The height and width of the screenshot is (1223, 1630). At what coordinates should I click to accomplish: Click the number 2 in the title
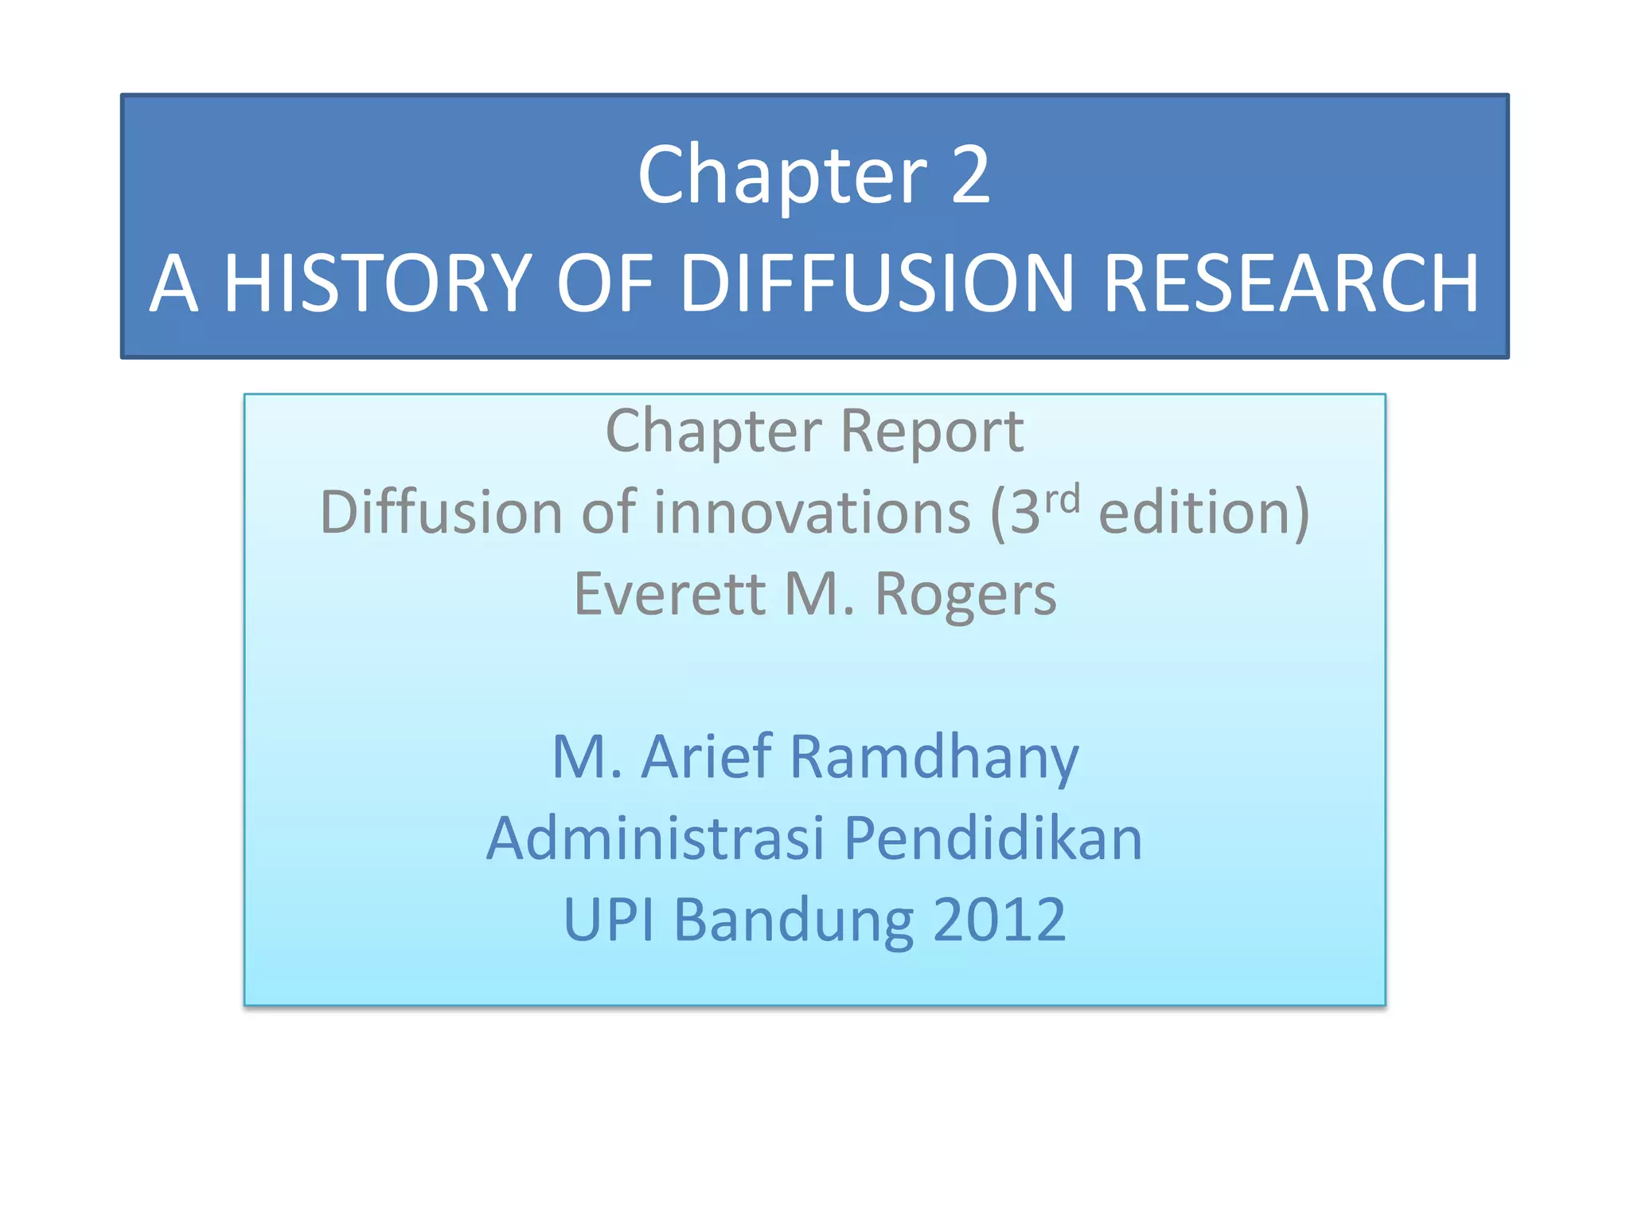970,175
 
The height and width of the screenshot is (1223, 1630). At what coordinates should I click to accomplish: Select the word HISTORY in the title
377,283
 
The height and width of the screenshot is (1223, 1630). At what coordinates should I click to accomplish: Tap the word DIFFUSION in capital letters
878,283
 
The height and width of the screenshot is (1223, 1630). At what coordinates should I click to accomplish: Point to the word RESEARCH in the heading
1291,283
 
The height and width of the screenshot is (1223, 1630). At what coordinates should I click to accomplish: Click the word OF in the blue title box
604,283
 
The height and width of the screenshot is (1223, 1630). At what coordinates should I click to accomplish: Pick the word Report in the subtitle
932,432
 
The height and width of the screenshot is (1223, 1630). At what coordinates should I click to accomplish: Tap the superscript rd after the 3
1062,498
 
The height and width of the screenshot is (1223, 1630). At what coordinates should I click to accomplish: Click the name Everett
669,594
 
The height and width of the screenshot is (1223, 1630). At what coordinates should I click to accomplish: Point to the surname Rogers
965,596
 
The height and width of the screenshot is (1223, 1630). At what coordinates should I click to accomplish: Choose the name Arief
707,756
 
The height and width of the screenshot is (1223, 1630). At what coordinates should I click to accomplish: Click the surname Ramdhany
934,758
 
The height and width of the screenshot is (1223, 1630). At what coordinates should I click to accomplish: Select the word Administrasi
655,838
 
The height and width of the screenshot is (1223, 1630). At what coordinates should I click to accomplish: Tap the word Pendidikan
992,838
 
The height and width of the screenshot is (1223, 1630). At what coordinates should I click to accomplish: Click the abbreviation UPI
609,920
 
